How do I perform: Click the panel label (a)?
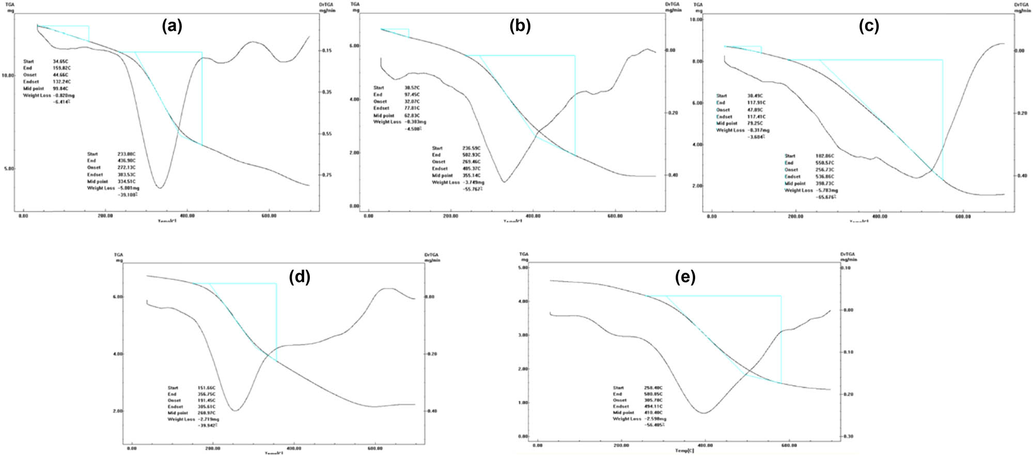(172, 26)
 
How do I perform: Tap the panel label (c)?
(869, 26)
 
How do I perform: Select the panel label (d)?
(300, 277)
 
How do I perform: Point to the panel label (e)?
(685, 277)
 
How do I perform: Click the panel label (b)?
(520, 26)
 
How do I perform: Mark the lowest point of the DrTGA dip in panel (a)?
(160, 188)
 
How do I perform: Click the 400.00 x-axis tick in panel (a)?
(187, 216)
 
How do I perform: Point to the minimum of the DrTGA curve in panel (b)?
(504, 182)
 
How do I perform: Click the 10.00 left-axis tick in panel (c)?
(696, 20)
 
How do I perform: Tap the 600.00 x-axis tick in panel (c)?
(963, 216)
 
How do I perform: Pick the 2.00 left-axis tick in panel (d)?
(117, 411)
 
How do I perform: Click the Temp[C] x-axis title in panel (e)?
(685, 451)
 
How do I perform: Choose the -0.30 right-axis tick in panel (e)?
(848, 436)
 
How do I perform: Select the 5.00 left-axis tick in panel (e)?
(523, 268)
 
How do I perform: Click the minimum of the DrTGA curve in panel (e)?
(704, 413)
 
